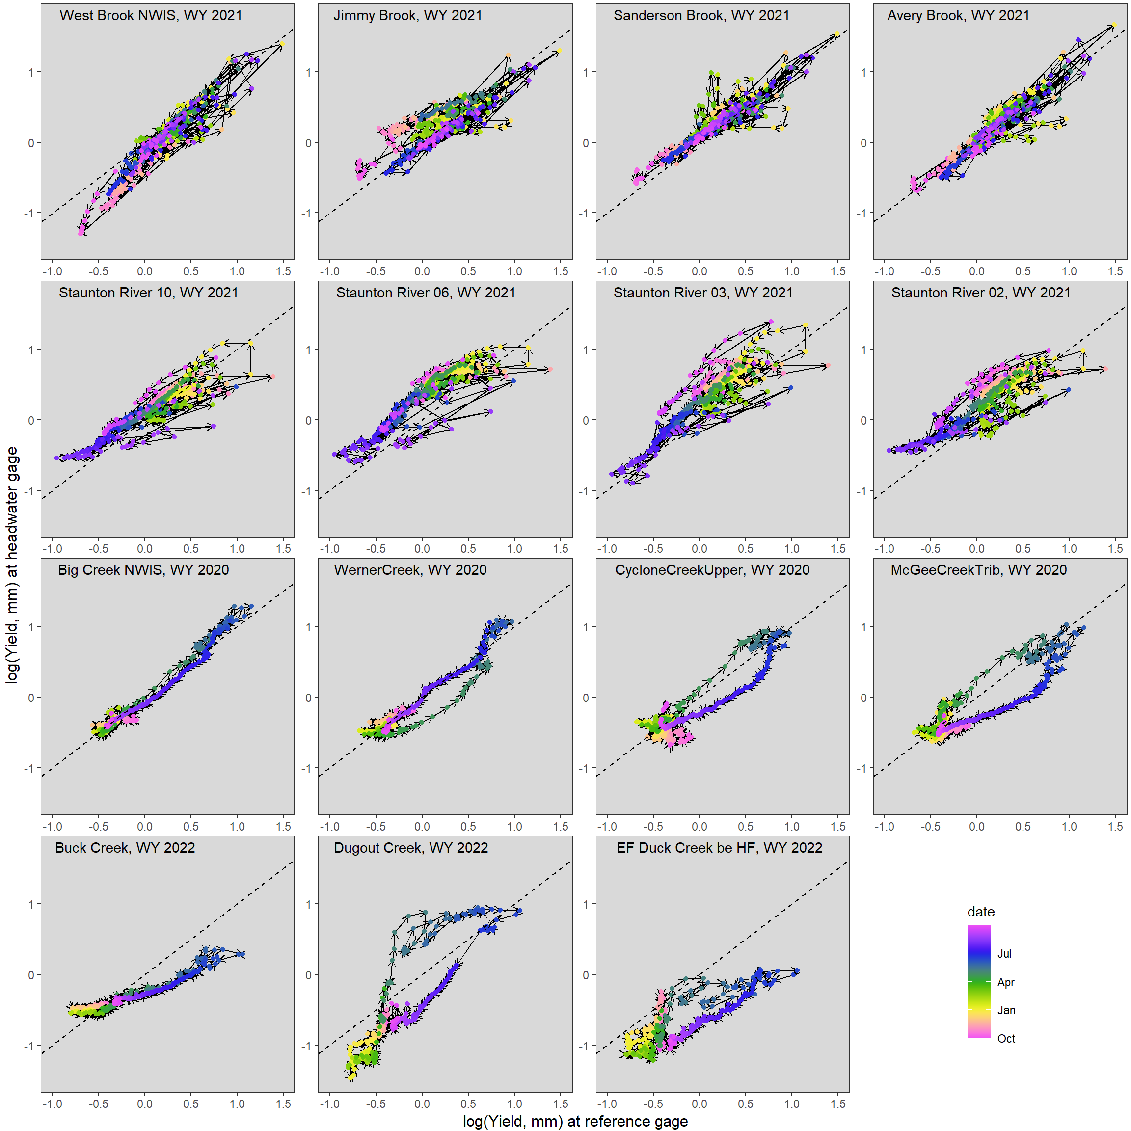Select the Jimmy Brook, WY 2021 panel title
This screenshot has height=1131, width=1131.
[407, 15]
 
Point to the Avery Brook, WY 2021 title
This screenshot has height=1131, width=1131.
[958, 15]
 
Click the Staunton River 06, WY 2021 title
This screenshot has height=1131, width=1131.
[426, 293]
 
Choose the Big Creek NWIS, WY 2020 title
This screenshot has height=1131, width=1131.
[143, 570]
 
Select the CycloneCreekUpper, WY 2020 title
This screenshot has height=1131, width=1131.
[712, 570]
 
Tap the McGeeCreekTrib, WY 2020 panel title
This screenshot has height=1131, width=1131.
[978, 570]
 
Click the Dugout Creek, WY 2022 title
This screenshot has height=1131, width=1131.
[410, 848]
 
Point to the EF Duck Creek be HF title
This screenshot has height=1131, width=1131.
[719, 848]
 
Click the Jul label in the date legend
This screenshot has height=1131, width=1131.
[1004, 954]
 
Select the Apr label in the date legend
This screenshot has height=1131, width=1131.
[1005, 982]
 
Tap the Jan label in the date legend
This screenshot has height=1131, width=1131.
[1006, 1010]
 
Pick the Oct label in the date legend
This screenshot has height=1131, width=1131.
[1006, 1039]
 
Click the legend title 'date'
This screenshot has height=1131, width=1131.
[981, 912]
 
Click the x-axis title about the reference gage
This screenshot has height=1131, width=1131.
[575, 1121]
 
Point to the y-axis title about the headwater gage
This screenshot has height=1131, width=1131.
[12, 565]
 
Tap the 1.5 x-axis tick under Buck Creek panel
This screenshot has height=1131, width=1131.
[283, 1104]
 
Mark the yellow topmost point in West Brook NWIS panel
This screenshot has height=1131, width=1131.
[282, 44]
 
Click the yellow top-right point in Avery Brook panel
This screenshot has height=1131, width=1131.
[1113, 26]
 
